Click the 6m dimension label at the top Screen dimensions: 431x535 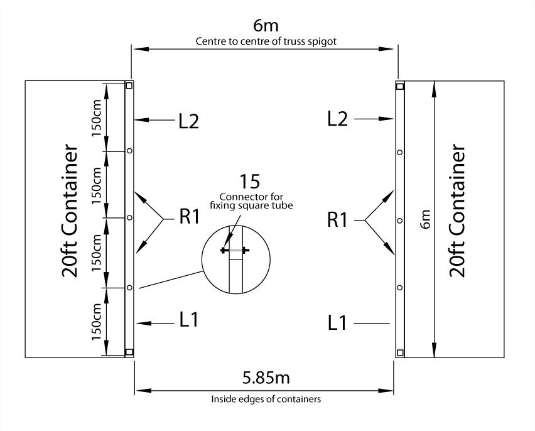[x=265, y=26]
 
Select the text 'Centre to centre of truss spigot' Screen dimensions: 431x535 [x=264, y=43]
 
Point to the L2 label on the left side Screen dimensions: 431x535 [x=188, y=121]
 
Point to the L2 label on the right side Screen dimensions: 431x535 [x=338, y=119]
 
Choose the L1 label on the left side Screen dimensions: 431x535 [x=188, y=320]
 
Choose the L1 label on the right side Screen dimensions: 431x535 [x=338, y=323]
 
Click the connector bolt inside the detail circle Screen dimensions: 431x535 [x=235, y=251]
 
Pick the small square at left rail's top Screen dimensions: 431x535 [x=129, y=85]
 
